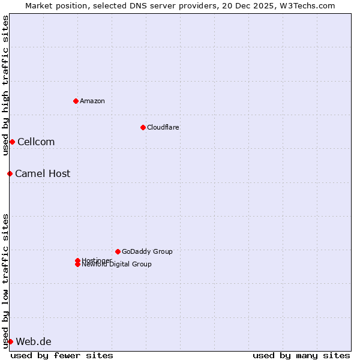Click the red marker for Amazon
(76, 101)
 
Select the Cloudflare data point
(143, 127)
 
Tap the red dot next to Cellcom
(12, 142)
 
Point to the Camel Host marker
(10, 173)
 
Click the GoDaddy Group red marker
(118, 251)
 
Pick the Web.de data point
(10, 341)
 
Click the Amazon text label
(92, 101)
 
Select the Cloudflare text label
(163, 127)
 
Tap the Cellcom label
(36, 142)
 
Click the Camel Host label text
(43, 173)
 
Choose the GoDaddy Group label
(147, 251)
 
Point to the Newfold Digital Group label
(116, 265)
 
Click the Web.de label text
(34, 341)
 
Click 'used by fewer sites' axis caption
(62, 355)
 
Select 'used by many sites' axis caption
(301, 355)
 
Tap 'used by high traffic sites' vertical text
(5, 85)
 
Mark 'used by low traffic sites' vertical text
(5, 280)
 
